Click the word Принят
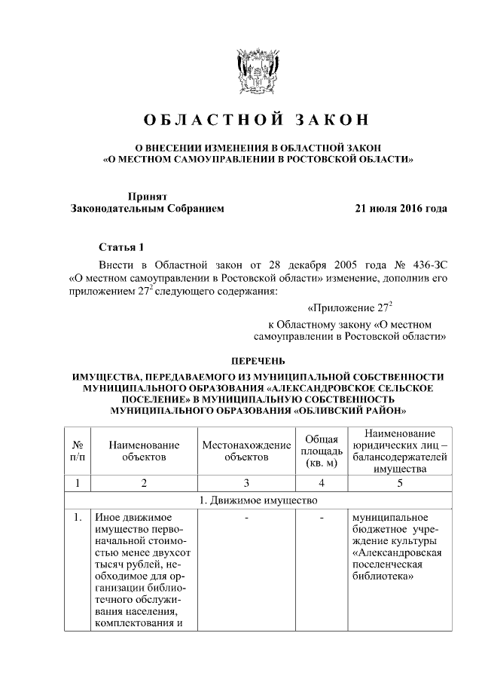point(146,195)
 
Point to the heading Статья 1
point(120,247)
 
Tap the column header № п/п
point(77,451)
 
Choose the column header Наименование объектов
point(144,451)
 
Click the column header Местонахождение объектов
point(246,451)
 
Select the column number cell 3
point(246,483)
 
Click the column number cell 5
point(400,483)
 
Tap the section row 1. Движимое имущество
point(257,500)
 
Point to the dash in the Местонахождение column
point(246,518)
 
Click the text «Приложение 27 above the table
point(350,307)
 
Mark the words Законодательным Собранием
point(147,208)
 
